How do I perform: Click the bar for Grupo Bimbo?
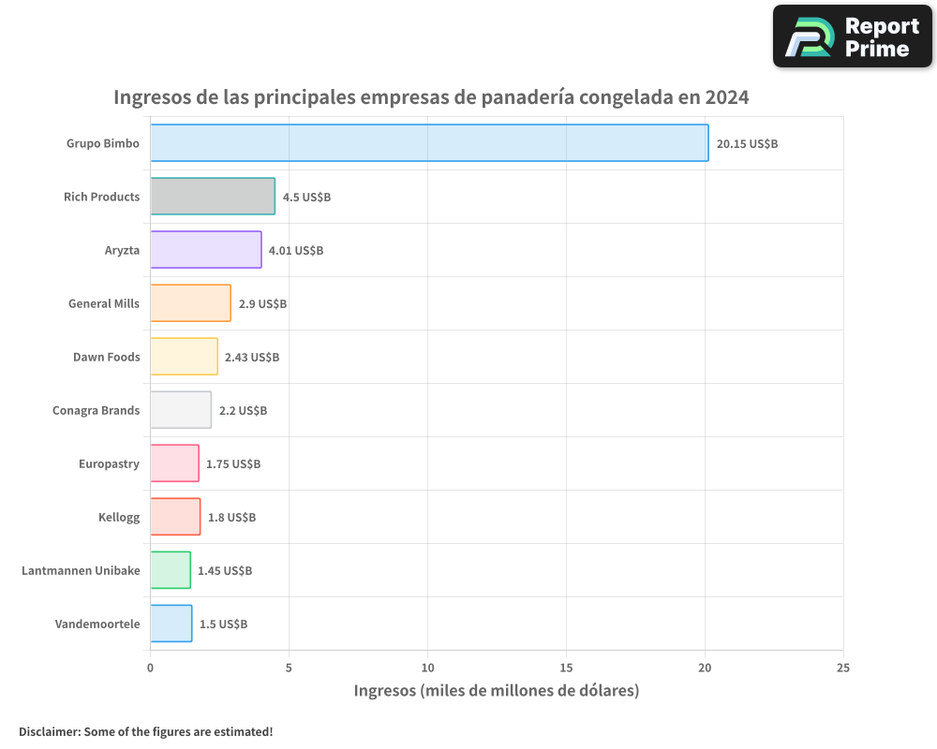click(429, 143)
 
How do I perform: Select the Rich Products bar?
click(213, 197)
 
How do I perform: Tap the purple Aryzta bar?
click(206, 250)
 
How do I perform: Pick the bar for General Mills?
click(190, 303)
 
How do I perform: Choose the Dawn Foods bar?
click(184, 357)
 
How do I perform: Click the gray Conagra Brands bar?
click(181, 410)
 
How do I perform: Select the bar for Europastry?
click(174, 463)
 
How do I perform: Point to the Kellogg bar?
click(175, 517)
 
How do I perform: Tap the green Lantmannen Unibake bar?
click(171, 570)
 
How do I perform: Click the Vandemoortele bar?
click(171, 624)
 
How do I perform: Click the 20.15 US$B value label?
click(747, 144)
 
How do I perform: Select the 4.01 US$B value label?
click(295, 251)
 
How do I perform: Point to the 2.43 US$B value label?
click(251, 358)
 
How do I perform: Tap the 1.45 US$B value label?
click(224, 571)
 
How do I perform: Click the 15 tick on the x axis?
click(566, 668)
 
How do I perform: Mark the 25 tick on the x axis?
click(843, 668)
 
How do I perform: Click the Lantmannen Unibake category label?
click(81, 570)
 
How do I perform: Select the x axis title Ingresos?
click(497, 691)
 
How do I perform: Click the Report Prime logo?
click(852, 37)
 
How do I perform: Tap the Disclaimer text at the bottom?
click(146, 731)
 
